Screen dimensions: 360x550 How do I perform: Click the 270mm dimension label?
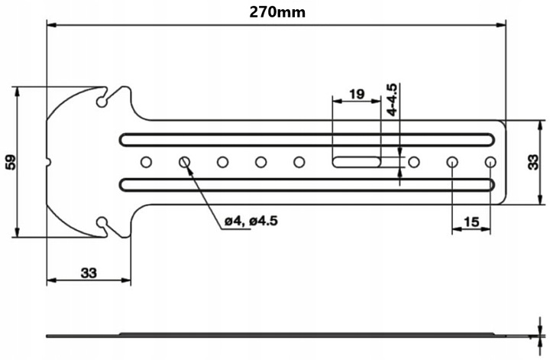pos(276,11)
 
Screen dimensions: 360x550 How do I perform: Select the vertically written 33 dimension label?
pos(533,161)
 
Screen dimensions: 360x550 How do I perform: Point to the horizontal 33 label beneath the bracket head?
pos(88,271)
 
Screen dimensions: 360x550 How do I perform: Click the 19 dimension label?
pos(355,94)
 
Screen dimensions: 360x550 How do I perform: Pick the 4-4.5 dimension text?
pos(392,100)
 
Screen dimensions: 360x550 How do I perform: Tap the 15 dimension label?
pos(471,222)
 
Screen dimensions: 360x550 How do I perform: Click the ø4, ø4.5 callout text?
pos(251,222)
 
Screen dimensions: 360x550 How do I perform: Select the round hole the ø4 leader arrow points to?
pos(184,161)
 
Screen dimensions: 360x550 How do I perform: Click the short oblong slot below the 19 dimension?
pos(357,161)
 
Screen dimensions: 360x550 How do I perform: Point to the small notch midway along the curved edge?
pos(49,161)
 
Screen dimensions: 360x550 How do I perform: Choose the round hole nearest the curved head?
pos(145,161)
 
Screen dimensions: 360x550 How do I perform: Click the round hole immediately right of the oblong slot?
pos(413,161)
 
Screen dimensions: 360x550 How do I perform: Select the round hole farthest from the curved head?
pos(490,161)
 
